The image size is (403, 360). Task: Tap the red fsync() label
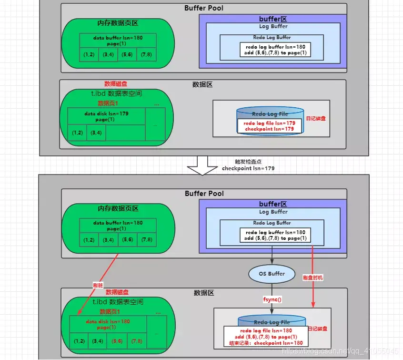pos(272,299)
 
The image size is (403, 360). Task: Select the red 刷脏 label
pos(98,285)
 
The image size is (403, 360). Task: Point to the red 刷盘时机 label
pos(312,278)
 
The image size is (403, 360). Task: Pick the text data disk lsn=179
pos(106,113)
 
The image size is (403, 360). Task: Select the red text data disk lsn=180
pos(108,321)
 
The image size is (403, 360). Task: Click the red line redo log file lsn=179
pos(269,123)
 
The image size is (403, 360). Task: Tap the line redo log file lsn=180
pos(266,330)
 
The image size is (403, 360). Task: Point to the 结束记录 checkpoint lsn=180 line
pos(266,342)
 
